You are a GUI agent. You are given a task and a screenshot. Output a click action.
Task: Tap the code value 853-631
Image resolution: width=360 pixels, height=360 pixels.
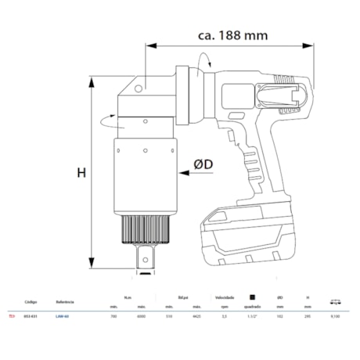pos(31,317)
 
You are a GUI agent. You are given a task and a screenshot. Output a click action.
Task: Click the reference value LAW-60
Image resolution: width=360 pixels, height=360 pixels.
pos(63,317)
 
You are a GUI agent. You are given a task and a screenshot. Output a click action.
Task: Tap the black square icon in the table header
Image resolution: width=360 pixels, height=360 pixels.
pos(251,297)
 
